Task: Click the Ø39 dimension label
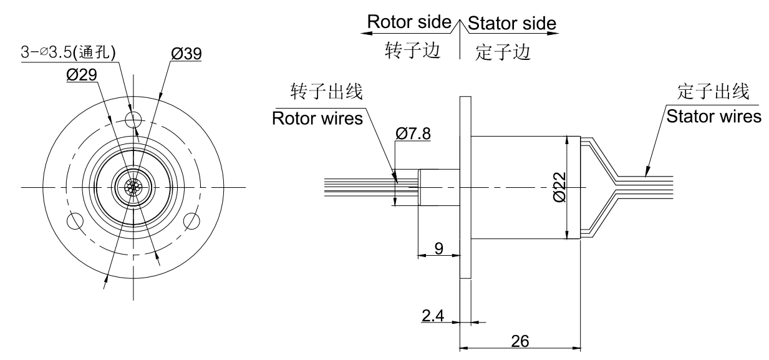[185, 54]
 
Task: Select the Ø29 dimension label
[80, 74]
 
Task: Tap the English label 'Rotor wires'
[317, 119]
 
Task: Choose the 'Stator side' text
[511, 23]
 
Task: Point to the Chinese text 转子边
[412, 51]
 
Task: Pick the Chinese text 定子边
[503, 51]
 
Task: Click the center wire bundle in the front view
[132, 187]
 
